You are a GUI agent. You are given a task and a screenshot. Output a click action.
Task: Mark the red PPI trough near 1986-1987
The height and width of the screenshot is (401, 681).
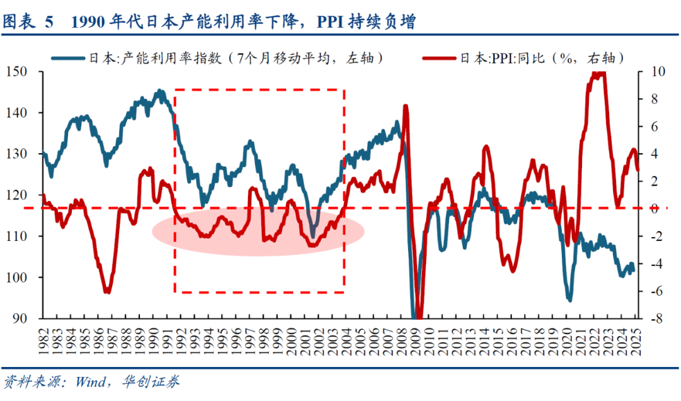click(107, 291)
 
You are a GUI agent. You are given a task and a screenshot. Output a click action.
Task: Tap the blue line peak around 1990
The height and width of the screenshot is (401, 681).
click(160, 91)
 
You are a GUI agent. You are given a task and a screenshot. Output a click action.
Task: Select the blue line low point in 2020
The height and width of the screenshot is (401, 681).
click(569, 299)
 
